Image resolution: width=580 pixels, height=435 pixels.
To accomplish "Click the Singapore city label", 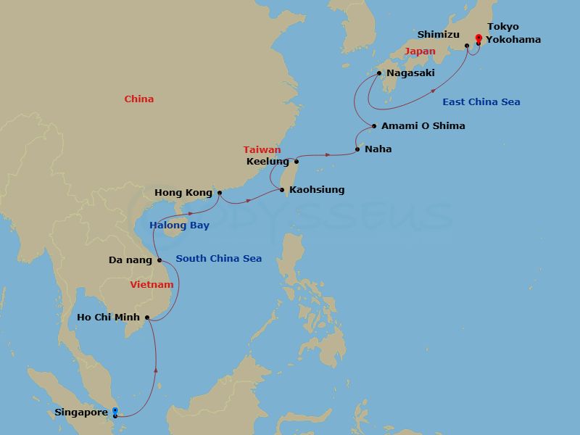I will coord(80,413).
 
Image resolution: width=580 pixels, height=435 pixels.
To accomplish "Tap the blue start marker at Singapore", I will coord(115,411).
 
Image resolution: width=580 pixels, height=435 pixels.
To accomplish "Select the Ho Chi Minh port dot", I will coord(147,317).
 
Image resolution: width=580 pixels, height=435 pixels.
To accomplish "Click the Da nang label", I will coord(130,260).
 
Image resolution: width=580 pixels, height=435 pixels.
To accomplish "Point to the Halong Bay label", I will coord(179,225).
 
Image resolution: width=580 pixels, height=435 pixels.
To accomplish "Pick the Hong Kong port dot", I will coord(220,193).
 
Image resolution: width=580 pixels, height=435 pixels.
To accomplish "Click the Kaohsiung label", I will coord(316,190).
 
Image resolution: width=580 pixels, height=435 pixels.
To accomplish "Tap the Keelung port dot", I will coord(296,161).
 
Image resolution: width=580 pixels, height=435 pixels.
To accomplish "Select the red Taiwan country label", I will coord(262,150).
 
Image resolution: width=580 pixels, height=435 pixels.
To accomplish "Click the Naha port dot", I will coord(357,149).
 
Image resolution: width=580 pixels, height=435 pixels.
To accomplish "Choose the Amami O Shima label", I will coord(423,126).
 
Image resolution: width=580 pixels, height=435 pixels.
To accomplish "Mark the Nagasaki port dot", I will coord(378,73).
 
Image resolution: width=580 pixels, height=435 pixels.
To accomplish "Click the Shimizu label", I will coord(438,34).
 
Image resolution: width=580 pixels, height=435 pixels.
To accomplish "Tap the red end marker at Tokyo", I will coord(478,38).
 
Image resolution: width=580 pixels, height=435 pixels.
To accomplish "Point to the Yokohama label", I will coord(513,40).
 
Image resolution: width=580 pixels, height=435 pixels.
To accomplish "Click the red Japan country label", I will coord(420,51).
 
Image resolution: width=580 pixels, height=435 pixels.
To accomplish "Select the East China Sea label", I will coord(481,102).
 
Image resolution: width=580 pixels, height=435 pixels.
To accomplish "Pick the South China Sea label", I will coord(218,259).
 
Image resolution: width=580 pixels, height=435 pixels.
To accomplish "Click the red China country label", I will coord(138,99).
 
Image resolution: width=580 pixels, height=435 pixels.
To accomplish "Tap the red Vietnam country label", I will coord(152,285).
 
